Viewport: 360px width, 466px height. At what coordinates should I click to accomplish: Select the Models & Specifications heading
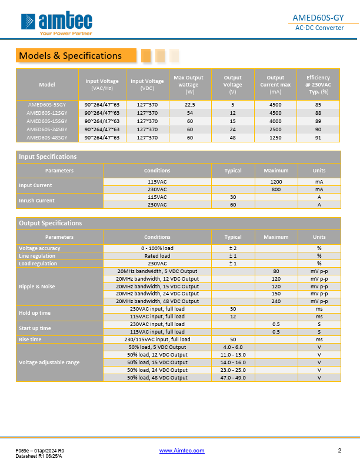[71, 56]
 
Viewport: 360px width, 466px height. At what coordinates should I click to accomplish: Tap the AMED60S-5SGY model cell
[47, 104]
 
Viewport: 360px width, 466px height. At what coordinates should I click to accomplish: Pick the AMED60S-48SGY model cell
[47, 137]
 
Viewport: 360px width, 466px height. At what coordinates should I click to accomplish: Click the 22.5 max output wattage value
[189, 104]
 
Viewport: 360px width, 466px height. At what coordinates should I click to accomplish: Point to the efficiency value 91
[318, 137]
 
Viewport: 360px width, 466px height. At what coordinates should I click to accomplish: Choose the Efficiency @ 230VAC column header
[318, 85]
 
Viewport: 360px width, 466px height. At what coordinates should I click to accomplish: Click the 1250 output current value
[275, 137]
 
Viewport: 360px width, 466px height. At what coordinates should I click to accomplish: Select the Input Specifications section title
[48, 157]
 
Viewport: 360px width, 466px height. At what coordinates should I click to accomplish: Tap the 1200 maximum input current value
[276, 182]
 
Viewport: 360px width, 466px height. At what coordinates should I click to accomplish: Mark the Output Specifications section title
[51, 223]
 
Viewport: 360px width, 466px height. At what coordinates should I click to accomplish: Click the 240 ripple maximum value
[276, 301]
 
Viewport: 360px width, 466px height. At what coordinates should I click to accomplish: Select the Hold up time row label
[35, 312]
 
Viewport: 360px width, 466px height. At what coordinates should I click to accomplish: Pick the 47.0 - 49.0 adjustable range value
[233, 378]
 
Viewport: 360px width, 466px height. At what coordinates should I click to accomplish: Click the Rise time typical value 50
[233, 339]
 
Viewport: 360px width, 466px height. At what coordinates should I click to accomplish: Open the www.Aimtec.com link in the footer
[182, 451]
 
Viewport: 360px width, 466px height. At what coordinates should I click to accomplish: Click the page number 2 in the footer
[339, 451]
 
